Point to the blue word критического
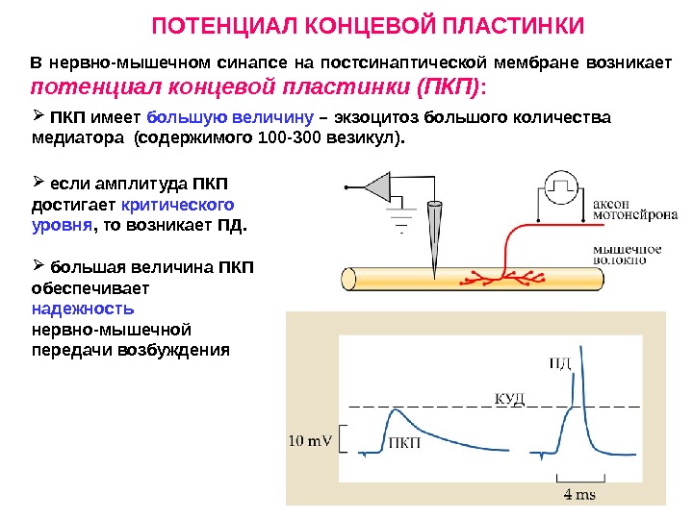(177, 206)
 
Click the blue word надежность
(83, 309)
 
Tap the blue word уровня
(62, 227)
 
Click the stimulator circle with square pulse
(561, 186)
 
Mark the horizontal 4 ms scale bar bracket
(579, 477)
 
